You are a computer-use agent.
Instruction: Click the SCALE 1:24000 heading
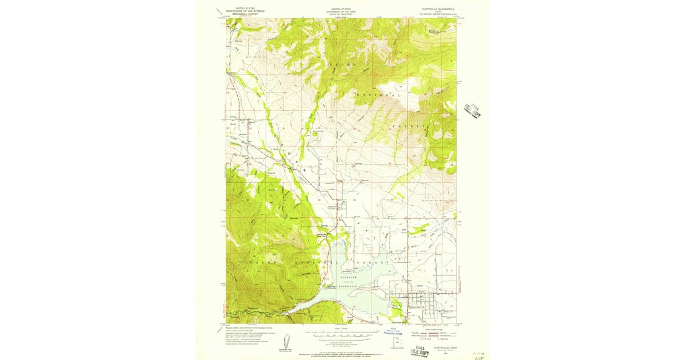pyautogui.click(x=342, y=328)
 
